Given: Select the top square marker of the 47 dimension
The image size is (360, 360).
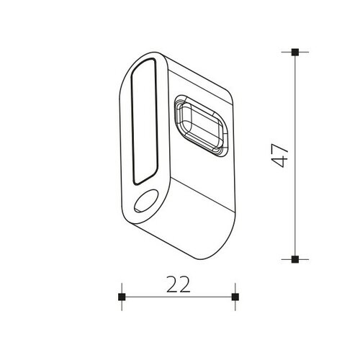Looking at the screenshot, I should [295, 52].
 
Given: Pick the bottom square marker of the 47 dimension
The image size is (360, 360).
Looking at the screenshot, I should [295, 258].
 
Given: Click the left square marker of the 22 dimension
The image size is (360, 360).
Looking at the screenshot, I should [122, 297].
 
